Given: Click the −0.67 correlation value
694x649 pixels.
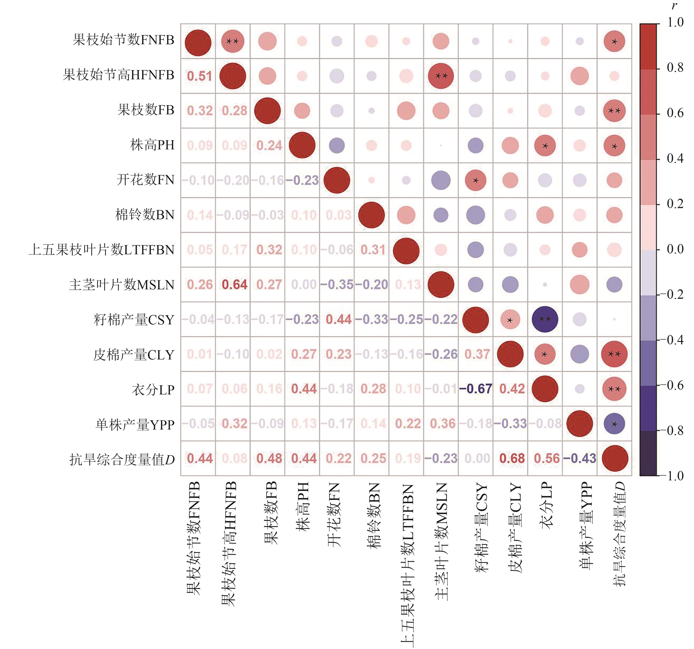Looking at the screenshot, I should (475, 389).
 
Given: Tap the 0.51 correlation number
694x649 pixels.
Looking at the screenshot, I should (199, 76).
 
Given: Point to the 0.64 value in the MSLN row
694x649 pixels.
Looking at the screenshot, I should (234, 285).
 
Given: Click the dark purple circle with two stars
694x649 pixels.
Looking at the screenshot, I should (545, 319).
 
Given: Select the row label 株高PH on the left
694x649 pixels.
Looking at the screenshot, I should (152, 145).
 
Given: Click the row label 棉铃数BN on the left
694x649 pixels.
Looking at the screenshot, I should (145, 215).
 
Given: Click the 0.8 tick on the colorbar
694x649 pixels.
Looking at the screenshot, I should (675, 68).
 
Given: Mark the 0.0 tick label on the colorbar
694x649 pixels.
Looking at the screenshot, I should (675, 249).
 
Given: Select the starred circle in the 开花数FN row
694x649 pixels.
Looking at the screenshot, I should (475, 180).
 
